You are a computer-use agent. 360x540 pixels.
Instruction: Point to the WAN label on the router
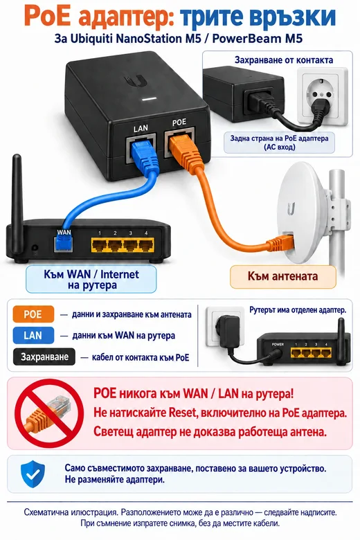64,233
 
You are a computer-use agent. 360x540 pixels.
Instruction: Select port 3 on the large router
131,245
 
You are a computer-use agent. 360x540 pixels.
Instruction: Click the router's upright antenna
17,203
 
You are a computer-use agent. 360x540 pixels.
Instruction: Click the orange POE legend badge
33,314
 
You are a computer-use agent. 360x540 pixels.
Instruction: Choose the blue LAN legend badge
33,336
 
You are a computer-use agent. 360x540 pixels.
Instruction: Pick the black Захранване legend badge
44,357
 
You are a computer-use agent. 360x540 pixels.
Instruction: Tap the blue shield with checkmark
33,474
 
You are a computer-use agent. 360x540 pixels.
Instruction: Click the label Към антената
282,276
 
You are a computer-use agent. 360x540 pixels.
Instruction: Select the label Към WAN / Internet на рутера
91,280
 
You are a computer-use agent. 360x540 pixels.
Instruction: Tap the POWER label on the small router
278,344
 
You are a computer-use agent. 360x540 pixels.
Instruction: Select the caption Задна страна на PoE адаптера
279,138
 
